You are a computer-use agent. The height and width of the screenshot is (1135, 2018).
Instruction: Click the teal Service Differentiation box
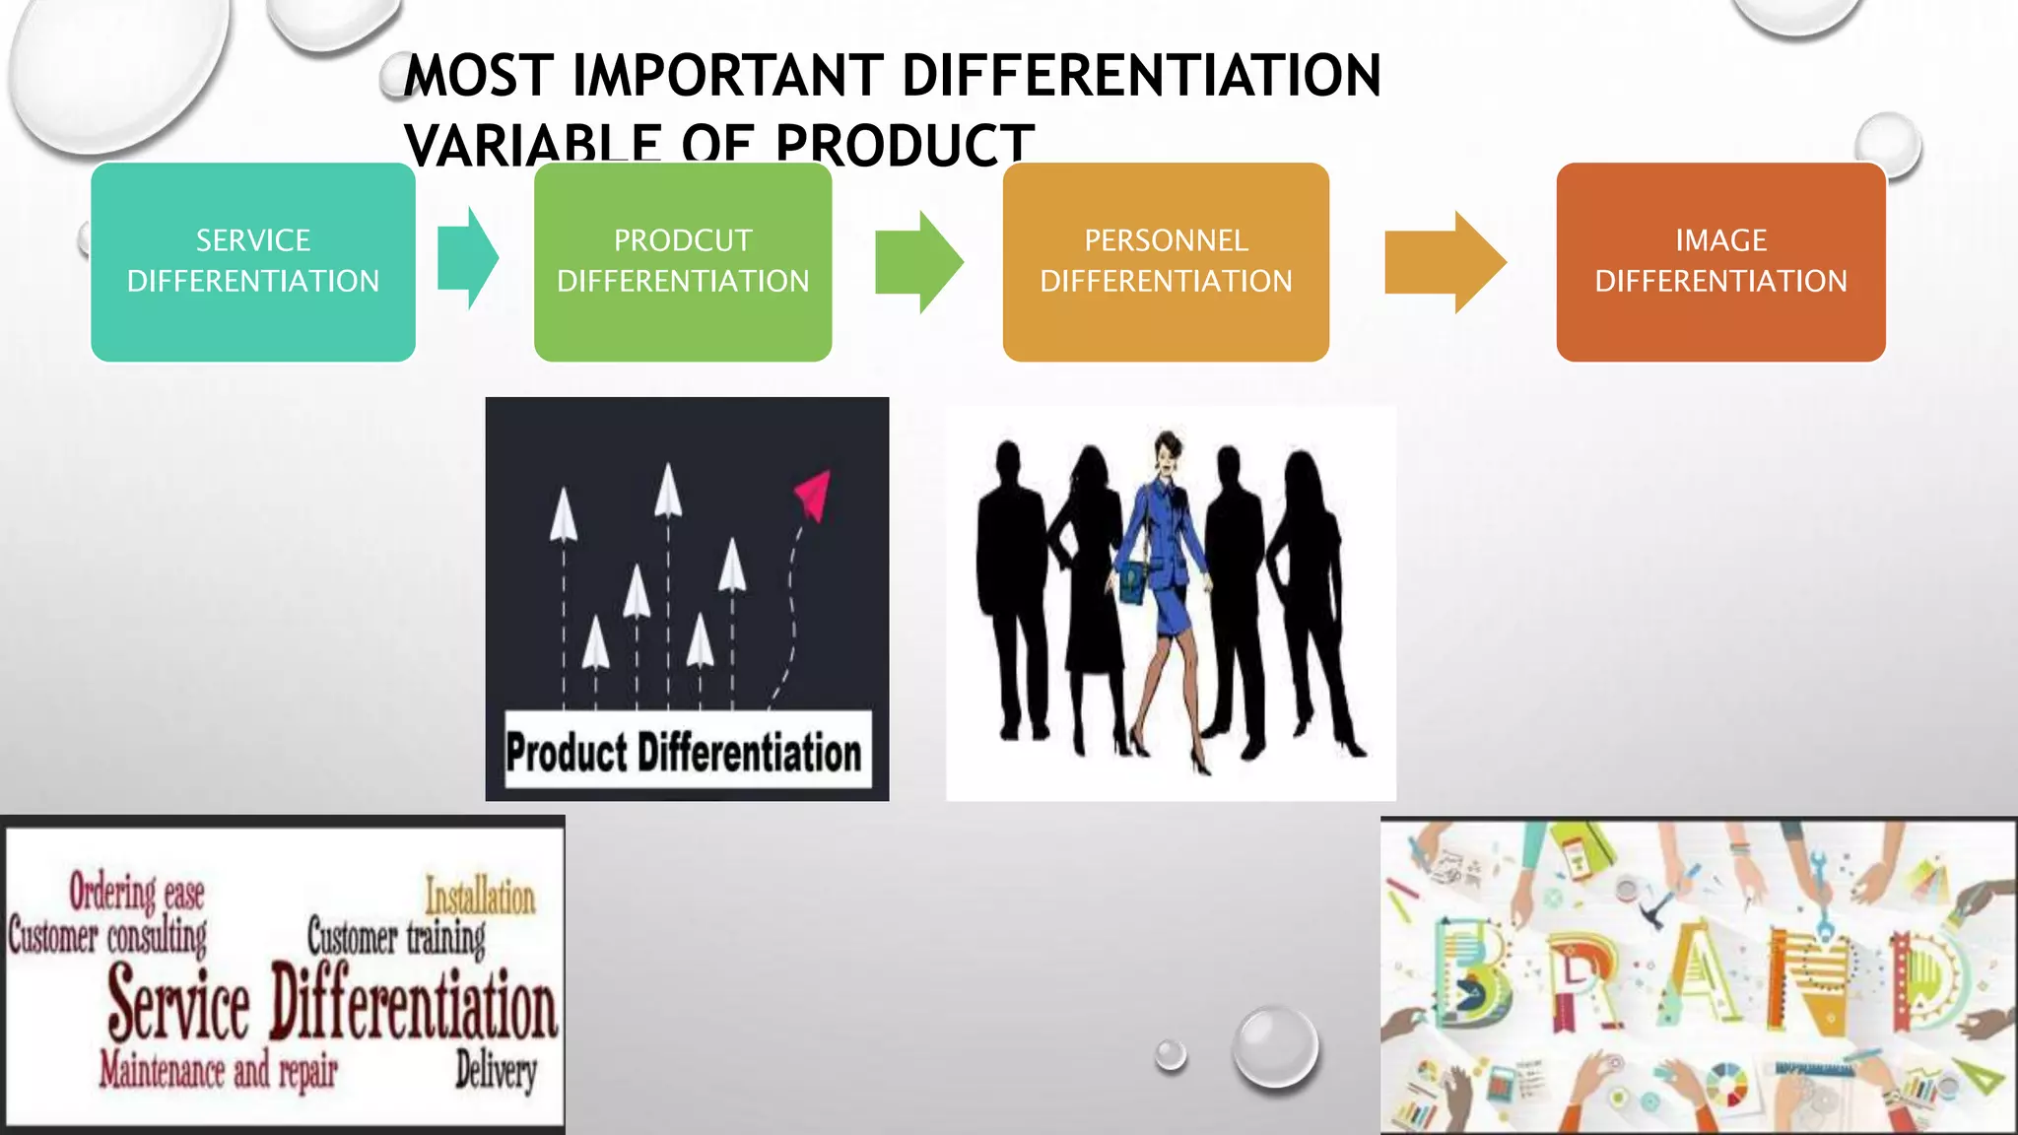point(252,261)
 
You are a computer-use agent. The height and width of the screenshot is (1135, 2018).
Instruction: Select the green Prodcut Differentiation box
point(683,261)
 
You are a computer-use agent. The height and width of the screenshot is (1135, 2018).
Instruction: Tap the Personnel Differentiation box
point(1166,261)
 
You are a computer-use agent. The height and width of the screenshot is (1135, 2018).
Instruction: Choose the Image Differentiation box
point(1720,261)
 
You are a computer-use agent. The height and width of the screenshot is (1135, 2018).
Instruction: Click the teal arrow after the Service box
point(468,259)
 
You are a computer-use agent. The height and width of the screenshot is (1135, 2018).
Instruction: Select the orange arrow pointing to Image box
point(1445,262)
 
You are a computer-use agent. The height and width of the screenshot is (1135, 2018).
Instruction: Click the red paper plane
point(814,493)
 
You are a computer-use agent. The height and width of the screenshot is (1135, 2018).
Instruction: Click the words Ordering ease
point(136,893)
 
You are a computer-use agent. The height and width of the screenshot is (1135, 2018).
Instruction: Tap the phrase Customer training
point(396,937)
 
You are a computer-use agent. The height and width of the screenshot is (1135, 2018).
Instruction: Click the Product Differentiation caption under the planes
point(684,752)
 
